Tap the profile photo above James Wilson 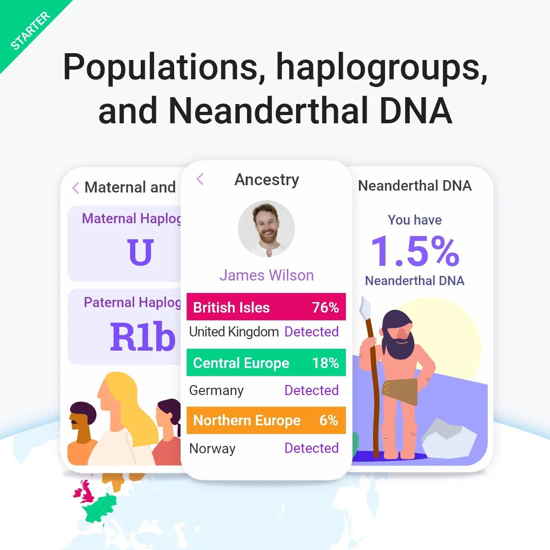coord(266,228)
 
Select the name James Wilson coord(266,275)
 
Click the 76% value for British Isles coord(325,307)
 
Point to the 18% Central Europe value coord(325,363)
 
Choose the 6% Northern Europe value coord(328,420)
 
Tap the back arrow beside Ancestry coord(200,179)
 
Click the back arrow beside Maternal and coord(76,187)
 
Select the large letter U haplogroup coord(140,252)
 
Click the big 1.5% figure coord(415,251)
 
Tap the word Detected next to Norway coord(311,448)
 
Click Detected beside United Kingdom coord(311,331)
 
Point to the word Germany coord(216,390)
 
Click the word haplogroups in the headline coord(381,67)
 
